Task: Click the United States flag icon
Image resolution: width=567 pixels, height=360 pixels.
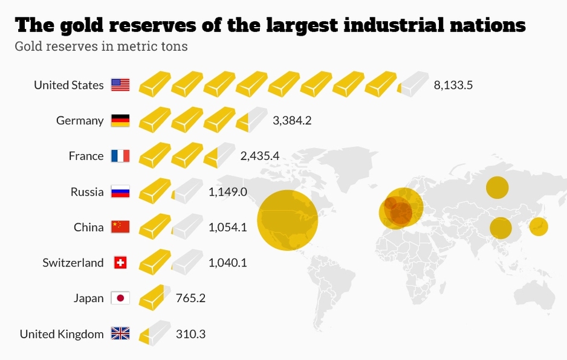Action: point(120,85)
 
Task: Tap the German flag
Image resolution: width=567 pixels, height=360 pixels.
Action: point(120,120)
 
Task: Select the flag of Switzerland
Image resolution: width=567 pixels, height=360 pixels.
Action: point(120,263)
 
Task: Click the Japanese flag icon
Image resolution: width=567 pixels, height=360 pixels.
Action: point(120,298)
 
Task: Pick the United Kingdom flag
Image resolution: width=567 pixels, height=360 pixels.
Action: point(120,333)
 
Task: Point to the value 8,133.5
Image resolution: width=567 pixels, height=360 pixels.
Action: point(453,85)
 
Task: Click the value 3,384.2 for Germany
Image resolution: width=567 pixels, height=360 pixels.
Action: point(292,120)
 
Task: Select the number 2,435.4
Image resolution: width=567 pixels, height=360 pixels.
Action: point(259,156)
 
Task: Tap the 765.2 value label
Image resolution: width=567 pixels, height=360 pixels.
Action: point(190,298)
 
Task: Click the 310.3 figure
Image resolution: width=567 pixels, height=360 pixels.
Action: point(190,333)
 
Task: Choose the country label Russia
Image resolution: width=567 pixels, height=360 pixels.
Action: point(87,192)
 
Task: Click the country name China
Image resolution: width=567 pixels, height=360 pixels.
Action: point(89,228)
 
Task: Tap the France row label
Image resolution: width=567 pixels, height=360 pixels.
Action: point(86,156)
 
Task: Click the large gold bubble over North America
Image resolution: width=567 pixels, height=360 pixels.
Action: point(287,220)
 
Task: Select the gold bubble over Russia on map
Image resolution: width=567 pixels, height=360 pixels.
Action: point(497,188)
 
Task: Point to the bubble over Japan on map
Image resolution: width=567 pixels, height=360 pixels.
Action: point(539,227)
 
